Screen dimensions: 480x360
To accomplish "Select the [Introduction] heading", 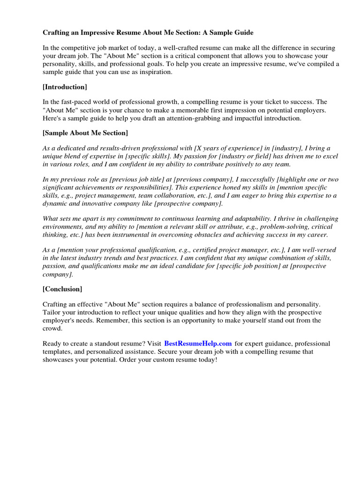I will point(65,87).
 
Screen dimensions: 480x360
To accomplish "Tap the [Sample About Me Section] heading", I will point(85,133).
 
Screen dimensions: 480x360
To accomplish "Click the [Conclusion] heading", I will point(62,289).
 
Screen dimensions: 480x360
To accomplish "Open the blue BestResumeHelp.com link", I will point(198,344).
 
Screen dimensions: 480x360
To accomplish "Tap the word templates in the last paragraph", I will point(57,352).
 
